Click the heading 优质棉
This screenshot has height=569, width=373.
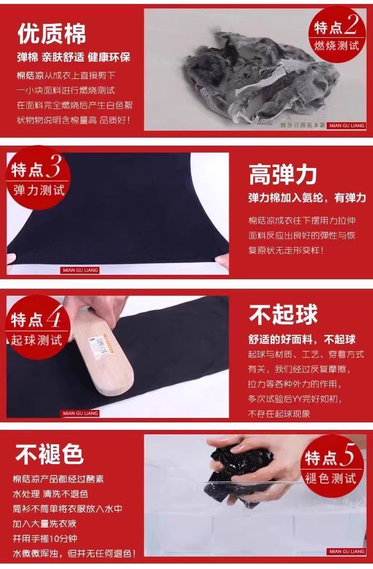tap(52, 34)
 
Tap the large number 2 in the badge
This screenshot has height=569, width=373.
tap(351, 25)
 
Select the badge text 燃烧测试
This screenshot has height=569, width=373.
tap(336, 46)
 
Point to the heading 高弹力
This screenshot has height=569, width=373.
tap(283, 174)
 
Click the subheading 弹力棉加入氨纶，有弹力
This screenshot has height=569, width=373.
tap(307, 198)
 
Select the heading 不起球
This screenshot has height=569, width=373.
tap(283, 314)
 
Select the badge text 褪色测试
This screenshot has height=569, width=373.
tap(330, 478)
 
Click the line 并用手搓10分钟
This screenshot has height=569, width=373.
tap(45, 538)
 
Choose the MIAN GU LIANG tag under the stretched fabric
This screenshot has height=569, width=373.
tap(80, 270)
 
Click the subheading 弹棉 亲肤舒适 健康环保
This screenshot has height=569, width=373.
tap(74, 57)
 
